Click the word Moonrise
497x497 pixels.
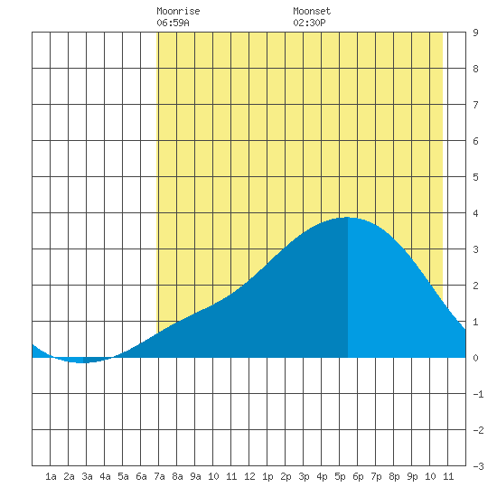point(178,11)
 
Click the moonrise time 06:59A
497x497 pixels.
point(173,23)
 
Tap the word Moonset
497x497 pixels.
point(312,11)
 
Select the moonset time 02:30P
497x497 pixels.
point(309,23)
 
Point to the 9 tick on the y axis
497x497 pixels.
point(475,33)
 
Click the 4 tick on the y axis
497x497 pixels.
point(475,213)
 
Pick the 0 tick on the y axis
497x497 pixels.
point(475,358)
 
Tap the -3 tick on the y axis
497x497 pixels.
point(478,466)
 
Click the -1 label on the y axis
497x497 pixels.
point(478,394)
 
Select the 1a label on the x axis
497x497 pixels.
point(51,476)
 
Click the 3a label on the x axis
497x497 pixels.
point(87,476)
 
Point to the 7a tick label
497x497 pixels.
point(159,476)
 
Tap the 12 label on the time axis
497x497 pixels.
point(249,476)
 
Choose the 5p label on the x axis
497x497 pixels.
point(340,476)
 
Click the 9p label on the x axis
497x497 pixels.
point(412,476)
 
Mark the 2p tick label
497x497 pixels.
point(286,476)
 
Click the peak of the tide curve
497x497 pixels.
point(347,218)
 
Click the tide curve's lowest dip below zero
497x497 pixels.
point(81,362)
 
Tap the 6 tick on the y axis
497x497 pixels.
point(475,141)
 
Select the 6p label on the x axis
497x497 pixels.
point(358,476)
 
